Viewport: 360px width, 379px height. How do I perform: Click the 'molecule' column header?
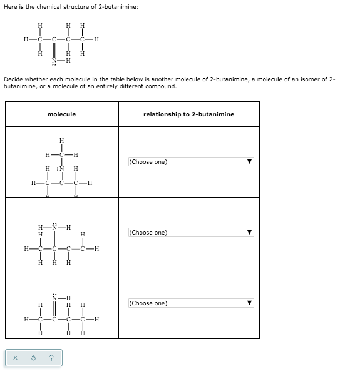[61, 114]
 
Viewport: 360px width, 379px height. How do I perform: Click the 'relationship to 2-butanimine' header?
[188, 114]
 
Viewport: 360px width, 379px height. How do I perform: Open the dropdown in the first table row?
[190, 162]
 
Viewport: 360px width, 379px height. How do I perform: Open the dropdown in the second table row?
[190, 233]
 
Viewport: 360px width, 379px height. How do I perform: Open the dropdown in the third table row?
[190, 303]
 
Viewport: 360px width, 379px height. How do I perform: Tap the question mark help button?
[51, 357]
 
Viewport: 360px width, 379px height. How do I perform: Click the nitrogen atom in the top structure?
[54, 61]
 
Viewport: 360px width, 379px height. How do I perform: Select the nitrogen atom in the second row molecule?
[54, 226]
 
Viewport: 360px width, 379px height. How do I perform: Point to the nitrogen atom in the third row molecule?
[54, 297]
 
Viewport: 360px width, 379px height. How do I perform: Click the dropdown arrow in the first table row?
[249, 162]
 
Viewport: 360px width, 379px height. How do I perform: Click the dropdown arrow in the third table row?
[249, 303]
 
